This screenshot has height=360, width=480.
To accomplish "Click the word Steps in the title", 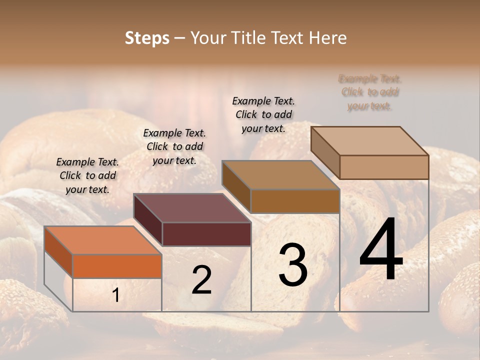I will tap(147, 38).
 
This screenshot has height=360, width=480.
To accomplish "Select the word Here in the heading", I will tap(328, 38).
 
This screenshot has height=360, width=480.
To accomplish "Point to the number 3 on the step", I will tap(293, 264).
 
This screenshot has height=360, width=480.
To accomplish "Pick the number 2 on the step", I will tap(201, 279).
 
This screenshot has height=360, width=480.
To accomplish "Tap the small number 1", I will tap(115, 295).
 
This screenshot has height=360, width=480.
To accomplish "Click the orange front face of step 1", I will tap(117, 266).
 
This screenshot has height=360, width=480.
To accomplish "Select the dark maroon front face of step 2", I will tap(206, 234).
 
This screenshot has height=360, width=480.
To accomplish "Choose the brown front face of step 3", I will tap(295, 201).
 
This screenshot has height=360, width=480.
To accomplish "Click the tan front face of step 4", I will tap(384, 167).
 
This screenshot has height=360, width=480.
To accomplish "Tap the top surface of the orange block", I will tap(102, 240).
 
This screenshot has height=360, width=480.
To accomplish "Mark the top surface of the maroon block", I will tap(192, 208).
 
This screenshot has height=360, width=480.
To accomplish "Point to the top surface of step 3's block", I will tap(280, 175).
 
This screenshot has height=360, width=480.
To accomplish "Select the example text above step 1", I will tap(87, 175).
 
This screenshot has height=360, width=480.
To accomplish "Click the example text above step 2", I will tap(174, 146).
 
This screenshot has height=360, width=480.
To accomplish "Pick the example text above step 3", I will tap(263, 114).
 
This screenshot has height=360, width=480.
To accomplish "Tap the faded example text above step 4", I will tap(370, 92).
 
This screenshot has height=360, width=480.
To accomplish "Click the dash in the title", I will tap(180, 38).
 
